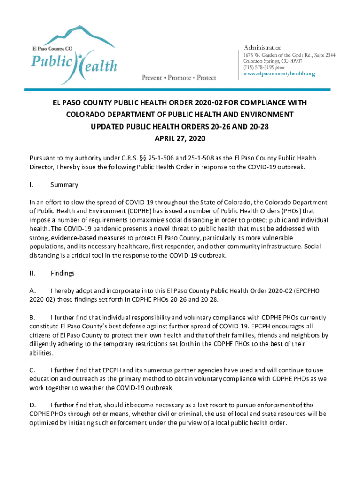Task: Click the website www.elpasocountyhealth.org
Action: [x=279, y=74]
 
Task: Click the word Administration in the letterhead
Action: [x=263, y=48]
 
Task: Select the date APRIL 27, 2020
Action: [x=180, y=138]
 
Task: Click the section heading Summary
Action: [x=64, y=185]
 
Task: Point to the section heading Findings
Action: [x=63, y=273]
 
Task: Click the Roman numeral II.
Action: [x=32, y=273]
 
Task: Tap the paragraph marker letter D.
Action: [x=32, y=405]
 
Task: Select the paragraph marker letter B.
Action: [x=32, y=318]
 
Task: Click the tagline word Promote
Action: [x=180, y=78]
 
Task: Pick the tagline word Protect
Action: [x=206, y=78]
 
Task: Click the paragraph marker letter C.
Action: [x=32, y=370]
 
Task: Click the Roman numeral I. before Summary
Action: [x=31, y=185]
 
